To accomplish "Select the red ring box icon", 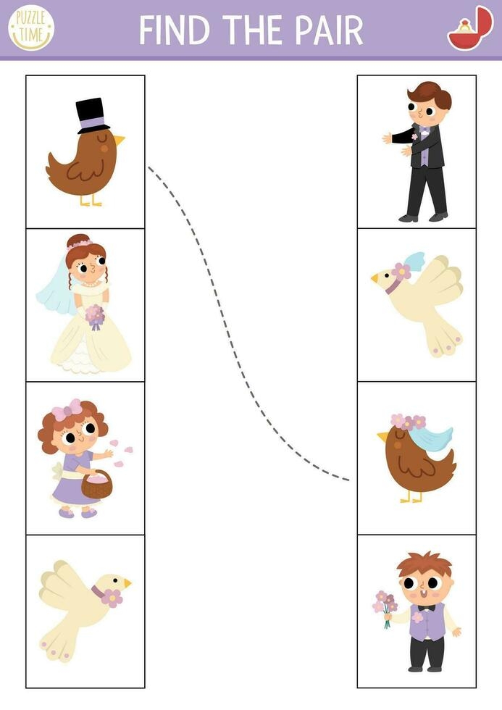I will (x=469, y=29).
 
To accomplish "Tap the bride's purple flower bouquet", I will (x=95, y=317).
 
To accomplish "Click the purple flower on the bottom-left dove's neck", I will (x=111, y=597).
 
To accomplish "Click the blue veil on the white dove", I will (x=414, y=260).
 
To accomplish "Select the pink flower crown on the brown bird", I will (x=408, y=422).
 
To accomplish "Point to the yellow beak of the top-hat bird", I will (x=118, y=139).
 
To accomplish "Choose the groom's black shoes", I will (x=424, y=217).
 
